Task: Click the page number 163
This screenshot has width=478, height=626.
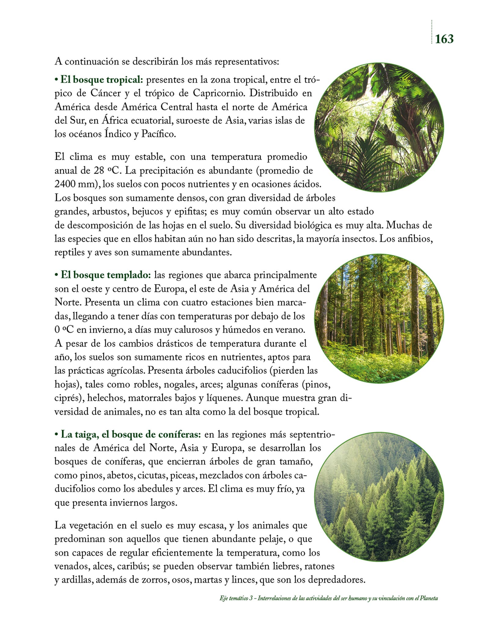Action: pos(444,39)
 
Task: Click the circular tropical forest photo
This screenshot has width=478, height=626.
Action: pos(379,127)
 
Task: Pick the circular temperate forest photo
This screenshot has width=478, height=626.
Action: pos(379,318)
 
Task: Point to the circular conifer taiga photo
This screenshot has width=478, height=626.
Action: pos(379,497)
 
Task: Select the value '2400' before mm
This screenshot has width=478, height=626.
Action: pos(65,184)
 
